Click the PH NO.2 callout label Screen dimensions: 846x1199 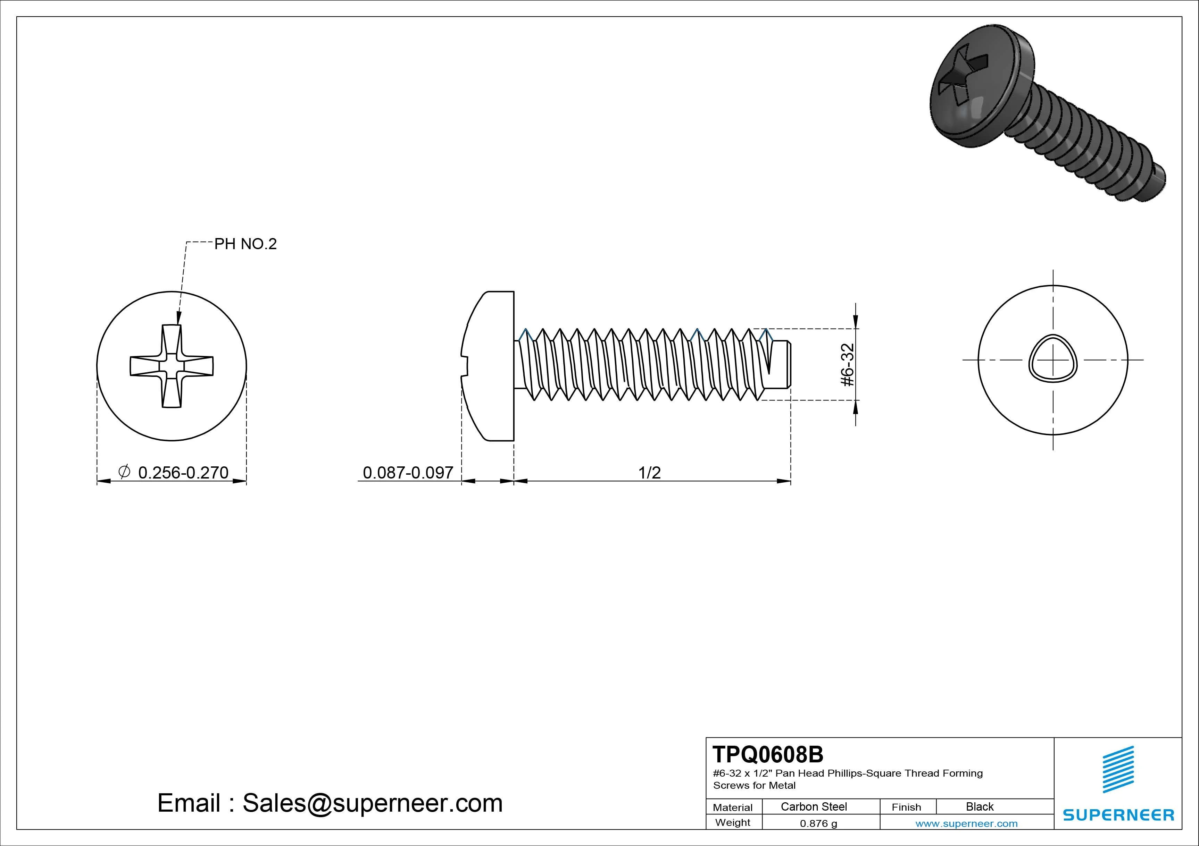point(245,244)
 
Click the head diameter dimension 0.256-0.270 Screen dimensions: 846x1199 point(183,472)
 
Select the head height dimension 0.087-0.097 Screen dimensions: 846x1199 point(408,472)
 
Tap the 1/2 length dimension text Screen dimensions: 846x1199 point(650,472)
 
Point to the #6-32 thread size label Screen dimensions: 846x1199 point(848,365)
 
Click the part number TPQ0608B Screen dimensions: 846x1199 point(768,754)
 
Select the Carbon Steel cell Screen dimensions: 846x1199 point(814,806)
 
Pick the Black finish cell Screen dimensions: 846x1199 point(980,806)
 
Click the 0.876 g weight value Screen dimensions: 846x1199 point(818,823)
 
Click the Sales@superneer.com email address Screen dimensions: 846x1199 point(372,803)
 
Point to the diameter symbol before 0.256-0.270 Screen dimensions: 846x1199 point(124,472)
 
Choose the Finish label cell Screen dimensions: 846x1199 point(907,807)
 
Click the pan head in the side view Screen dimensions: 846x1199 point(491,365)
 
